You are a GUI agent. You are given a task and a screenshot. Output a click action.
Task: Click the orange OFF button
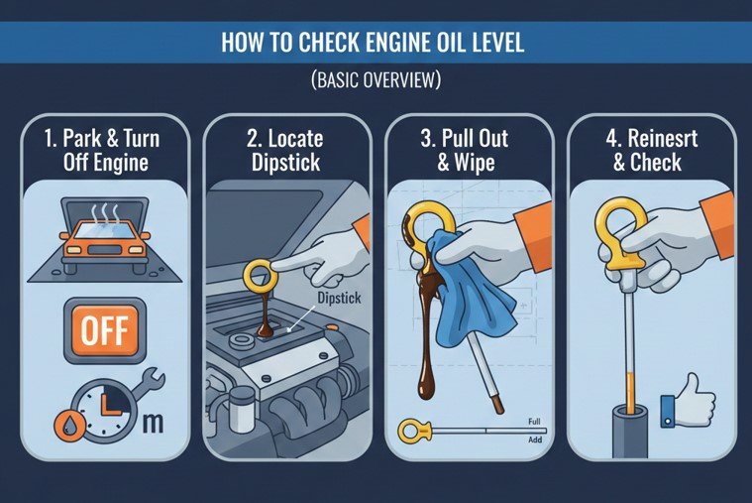coord(105,330)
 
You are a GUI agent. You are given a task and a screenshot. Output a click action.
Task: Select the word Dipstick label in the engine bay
coord(339,298)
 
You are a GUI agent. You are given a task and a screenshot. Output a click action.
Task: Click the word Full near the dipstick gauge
coord(534,422)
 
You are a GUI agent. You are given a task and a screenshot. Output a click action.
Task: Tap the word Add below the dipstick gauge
coord(535,440)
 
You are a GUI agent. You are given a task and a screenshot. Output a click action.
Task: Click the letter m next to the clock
coord(153,424)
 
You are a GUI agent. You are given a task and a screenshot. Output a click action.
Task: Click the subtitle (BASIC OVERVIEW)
coord(376,79)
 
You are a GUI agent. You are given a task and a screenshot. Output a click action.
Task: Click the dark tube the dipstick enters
coord(630,433)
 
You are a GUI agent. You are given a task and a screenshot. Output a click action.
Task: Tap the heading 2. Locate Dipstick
coord(285,151)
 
